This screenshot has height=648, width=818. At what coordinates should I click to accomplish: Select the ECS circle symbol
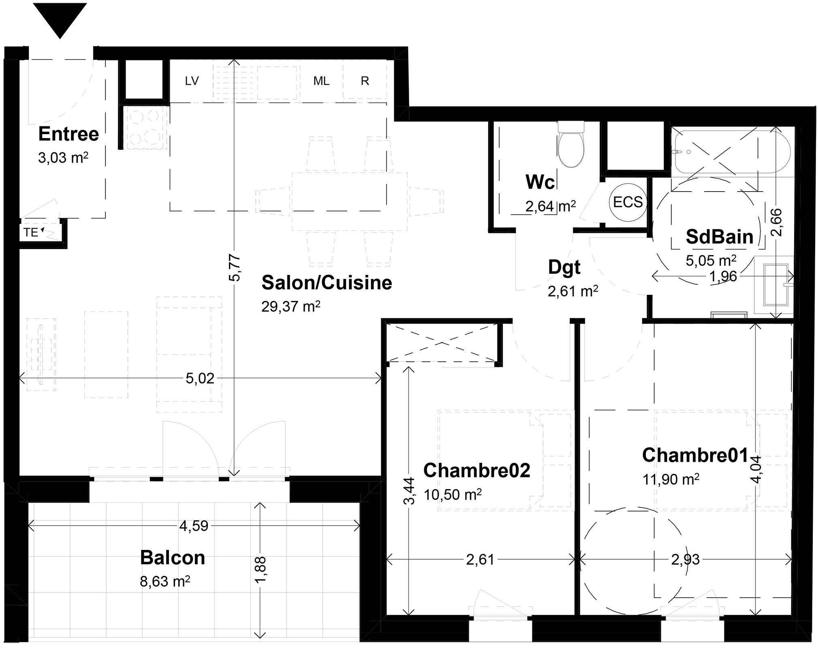coord(628,202)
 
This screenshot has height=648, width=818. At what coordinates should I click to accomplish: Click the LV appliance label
coord(192,81)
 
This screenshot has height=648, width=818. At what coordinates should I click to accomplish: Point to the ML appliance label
coord(321,81)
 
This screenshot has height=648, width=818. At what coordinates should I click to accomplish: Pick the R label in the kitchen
coord(365,81)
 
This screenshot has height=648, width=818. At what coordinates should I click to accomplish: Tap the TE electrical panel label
coord(31,232)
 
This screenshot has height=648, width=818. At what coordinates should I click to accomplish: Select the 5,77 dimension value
coord(235,268)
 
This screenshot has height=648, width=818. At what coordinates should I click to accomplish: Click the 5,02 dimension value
coord(200,379)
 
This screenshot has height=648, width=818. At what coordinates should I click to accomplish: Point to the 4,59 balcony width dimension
coord(194,526)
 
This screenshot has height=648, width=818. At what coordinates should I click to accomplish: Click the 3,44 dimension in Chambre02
coord(409,491)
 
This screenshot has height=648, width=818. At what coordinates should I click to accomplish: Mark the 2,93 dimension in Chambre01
coord(686,560)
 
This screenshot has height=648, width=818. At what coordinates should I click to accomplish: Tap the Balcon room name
coord(173,558)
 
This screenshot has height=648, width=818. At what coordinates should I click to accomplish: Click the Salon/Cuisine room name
coord(327,283)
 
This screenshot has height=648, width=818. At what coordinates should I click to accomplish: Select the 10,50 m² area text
coord(453,495)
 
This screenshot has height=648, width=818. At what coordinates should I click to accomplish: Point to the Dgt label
coord(564,268)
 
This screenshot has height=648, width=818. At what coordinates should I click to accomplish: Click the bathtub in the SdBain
coord(733,151)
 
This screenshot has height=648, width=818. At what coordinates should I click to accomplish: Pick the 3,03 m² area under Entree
coord(63,158)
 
